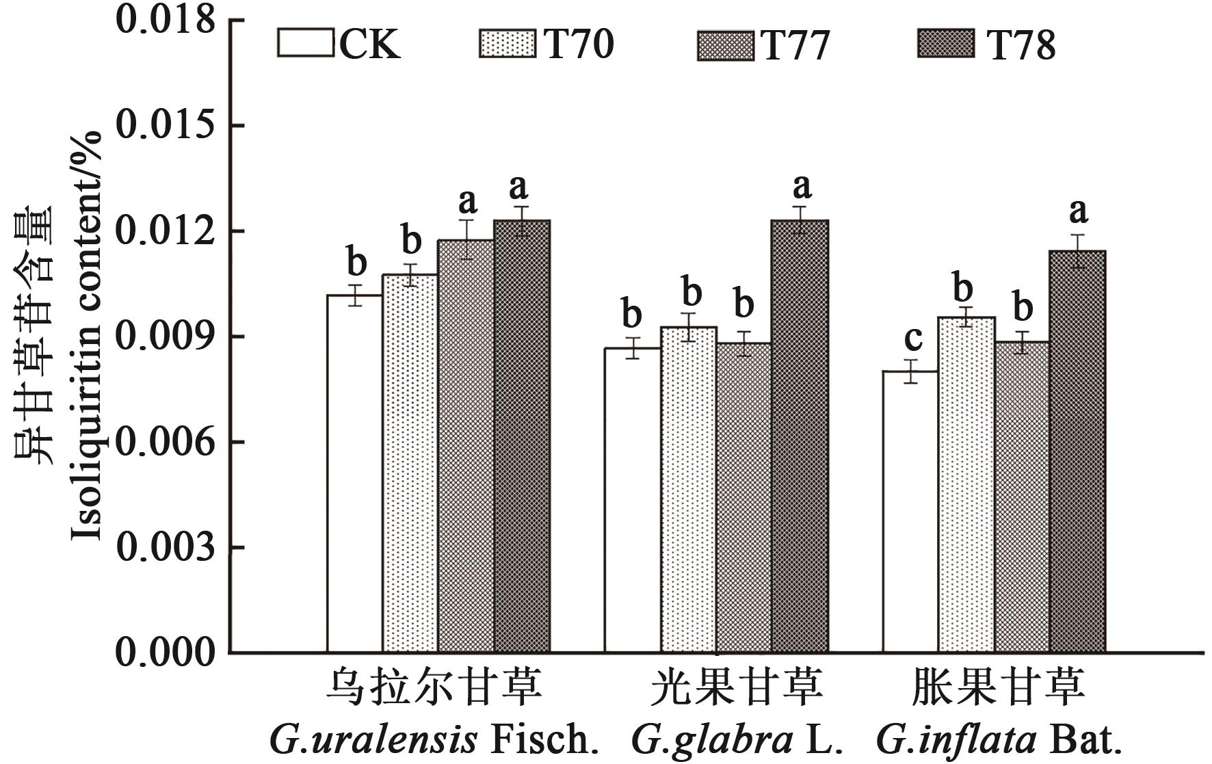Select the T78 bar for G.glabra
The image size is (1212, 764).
[800, 436]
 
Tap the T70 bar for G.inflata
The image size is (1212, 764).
[966, 484]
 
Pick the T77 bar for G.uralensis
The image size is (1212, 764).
[466, 445]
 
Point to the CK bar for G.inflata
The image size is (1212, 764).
[910, 511]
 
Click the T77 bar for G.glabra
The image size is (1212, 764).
[743, 497]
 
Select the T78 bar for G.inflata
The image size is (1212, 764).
[1077, 451]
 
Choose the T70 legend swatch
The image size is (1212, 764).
[508, 44]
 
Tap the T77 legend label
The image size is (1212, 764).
[796, 45]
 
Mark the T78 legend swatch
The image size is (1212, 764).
[946, 44]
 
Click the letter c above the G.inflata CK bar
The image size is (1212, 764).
[913, 337]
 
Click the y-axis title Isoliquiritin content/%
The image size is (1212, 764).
[87, 335]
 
